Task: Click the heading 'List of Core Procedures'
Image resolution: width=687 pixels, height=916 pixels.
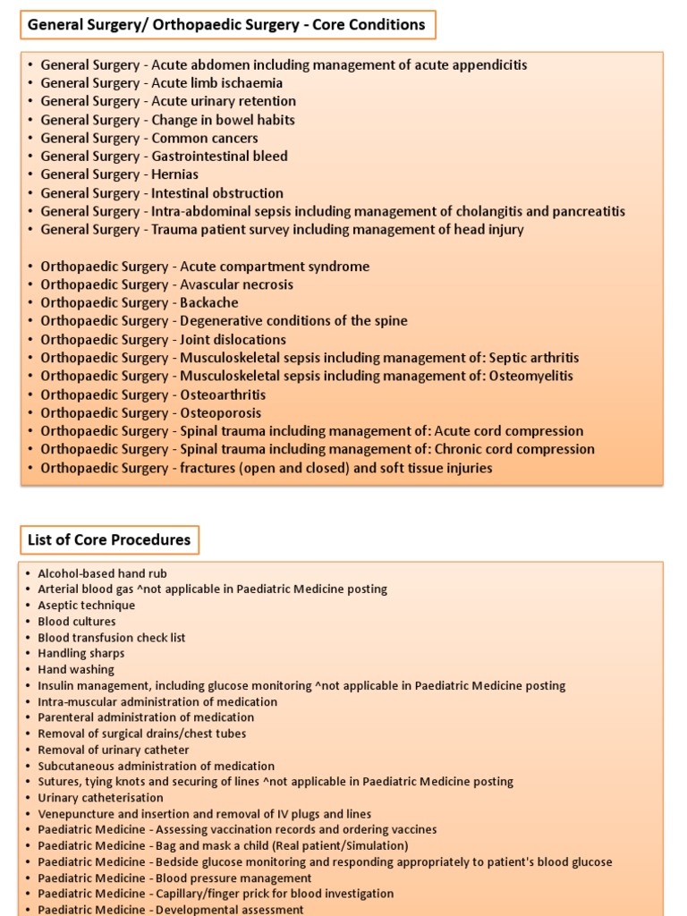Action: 109,539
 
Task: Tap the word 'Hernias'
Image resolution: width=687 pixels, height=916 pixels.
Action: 175,174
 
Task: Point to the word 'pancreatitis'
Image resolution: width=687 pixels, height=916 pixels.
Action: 583,211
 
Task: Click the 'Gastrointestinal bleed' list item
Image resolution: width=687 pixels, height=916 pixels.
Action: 219,156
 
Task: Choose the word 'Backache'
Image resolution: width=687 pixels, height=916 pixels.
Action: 209,303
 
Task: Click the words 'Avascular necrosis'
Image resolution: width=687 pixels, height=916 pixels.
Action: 236,284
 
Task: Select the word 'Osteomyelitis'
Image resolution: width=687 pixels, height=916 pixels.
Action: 530,376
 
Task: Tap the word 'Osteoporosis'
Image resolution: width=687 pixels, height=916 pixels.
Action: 221,413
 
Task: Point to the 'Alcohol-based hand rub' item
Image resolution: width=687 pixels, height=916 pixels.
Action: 102,573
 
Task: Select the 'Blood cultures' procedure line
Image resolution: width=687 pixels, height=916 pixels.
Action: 77,621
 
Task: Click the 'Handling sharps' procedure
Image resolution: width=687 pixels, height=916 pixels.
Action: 81,653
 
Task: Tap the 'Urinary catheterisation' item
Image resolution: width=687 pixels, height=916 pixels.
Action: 100,797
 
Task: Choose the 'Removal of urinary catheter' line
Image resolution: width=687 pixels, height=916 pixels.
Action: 114,750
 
